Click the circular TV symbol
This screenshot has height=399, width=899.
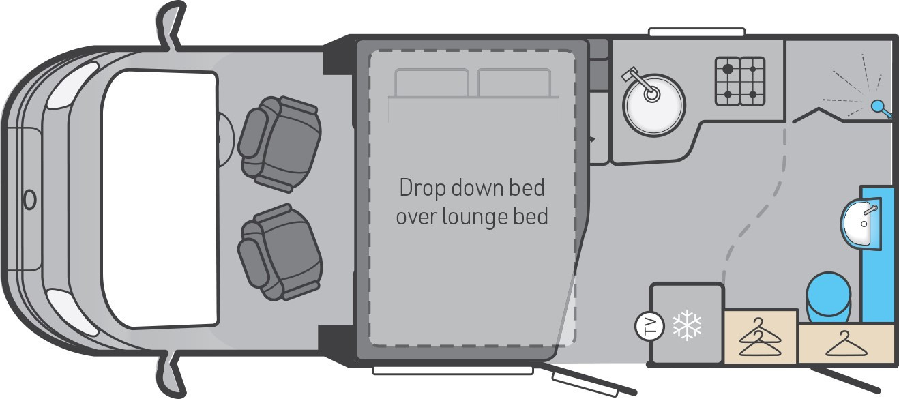coord(649,326)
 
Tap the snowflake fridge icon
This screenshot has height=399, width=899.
coord(687,325)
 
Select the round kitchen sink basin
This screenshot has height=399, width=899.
coord(653,105)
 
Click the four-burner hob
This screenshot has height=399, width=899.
coord(740,81)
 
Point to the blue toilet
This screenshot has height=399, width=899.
coord(828,297)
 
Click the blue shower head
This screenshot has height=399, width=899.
coord(881,108)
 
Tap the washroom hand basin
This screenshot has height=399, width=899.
coord(861,224)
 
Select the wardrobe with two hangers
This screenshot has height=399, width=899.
coord(760,336)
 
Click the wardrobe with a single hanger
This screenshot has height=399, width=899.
coord(848,344)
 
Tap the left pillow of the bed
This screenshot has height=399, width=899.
coord(432,83)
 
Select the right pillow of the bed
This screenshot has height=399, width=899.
coord(514,83)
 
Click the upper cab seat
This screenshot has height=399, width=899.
coord(280,144)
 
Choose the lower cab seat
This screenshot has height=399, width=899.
coord(280,252)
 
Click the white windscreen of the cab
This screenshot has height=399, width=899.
coord(160,198)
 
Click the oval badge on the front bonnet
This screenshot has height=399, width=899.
coord(30,199)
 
